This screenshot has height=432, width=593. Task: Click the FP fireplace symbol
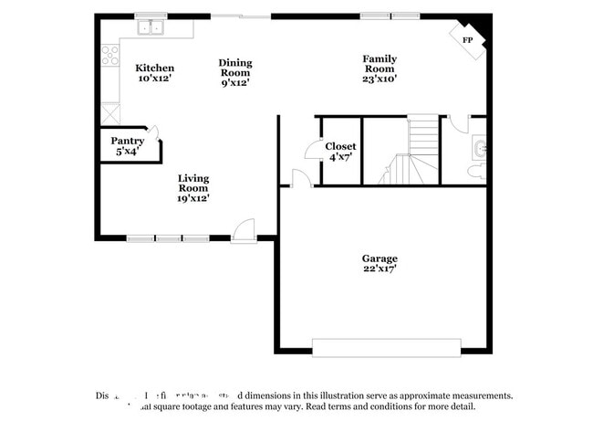(x=468, y=41)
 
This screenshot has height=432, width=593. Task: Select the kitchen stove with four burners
(x=109, y=55)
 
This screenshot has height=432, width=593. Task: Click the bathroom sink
(x=480, y=147)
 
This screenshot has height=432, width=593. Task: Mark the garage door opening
(x=386, y=347)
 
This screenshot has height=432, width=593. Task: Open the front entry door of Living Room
(x=244, y=231)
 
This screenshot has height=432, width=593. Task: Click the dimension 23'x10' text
(x=379, y=79)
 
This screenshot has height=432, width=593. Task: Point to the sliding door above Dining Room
(x=241, y=16)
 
